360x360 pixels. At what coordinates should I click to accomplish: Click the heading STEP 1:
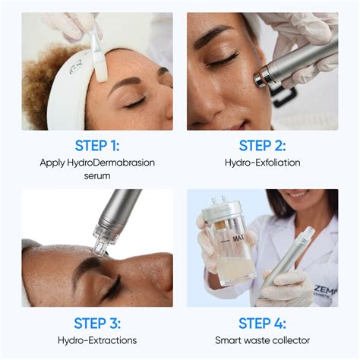click(x=97, y=145)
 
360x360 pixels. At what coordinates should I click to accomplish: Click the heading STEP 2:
click(x=263, y=145)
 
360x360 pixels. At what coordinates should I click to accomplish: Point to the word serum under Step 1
click(x=97, y=175)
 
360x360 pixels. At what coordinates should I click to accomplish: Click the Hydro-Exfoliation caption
click(x=263, y=162)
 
